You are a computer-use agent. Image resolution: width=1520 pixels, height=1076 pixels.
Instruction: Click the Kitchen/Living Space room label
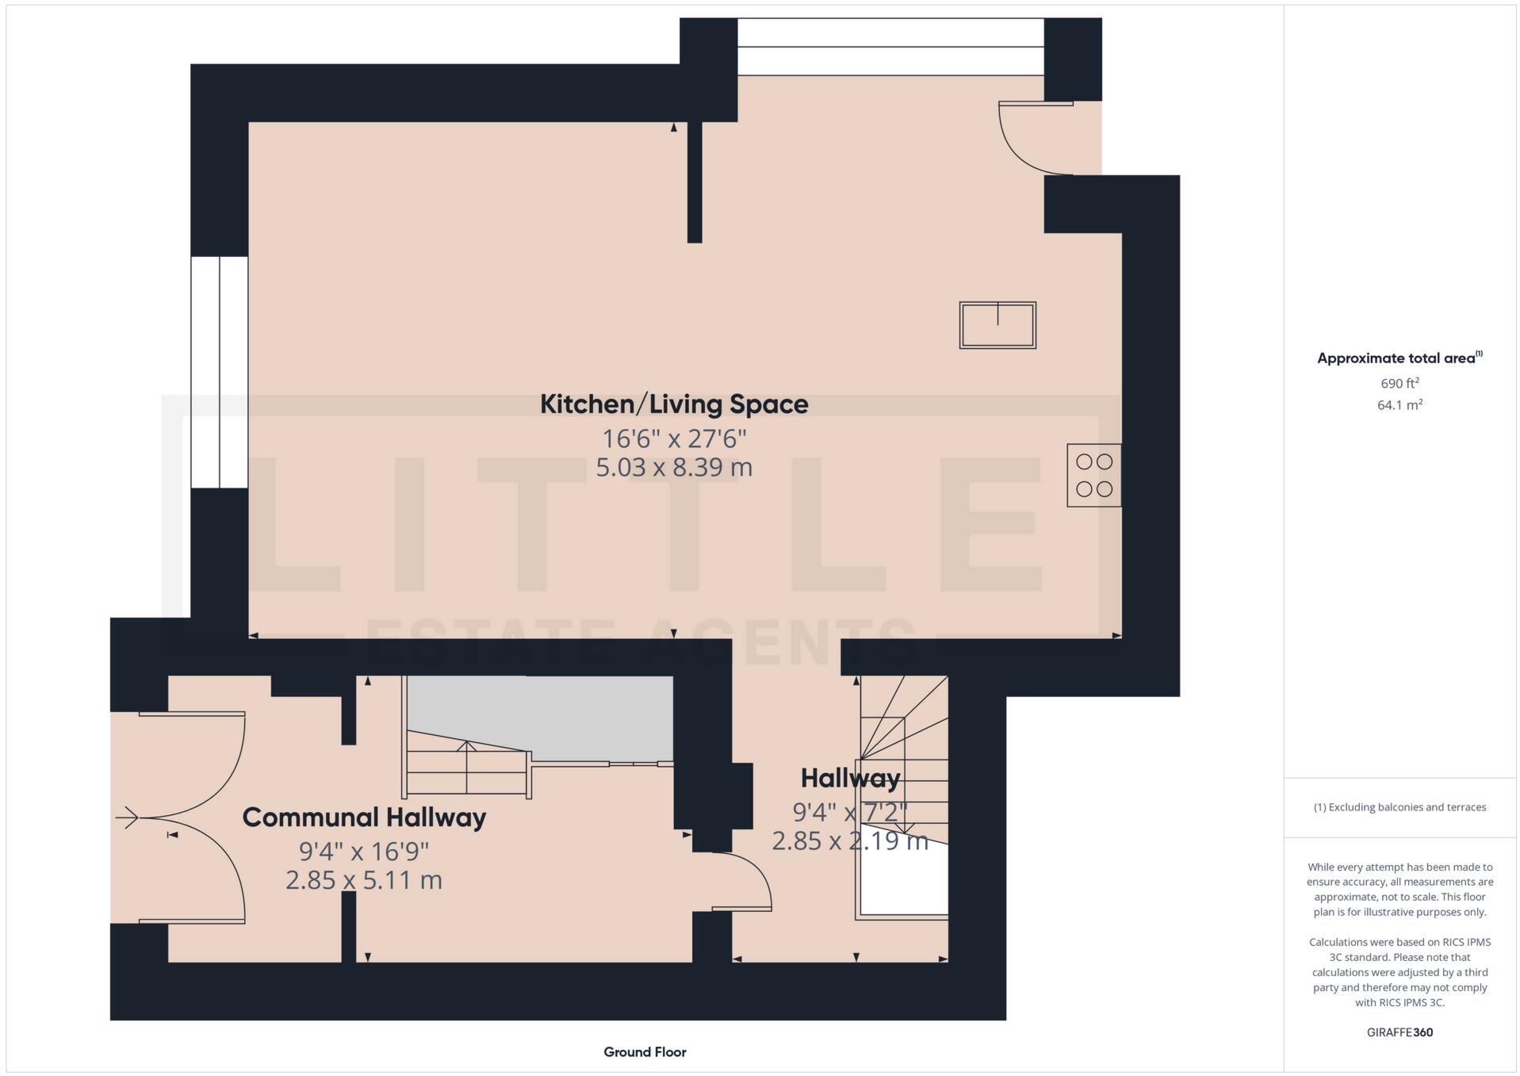coord(673,404)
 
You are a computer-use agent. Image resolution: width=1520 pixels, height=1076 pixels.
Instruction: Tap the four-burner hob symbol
coord(1093,475)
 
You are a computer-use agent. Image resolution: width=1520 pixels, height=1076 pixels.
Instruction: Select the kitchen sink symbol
coord(997,325)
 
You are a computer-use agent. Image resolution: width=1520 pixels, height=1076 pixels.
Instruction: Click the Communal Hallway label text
coord(363,818)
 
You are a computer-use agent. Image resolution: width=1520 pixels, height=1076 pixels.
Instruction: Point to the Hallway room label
coord(849,778)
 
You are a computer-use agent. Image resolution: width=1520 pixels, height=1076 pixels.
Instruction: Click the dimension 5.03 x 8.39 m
coord(673,468)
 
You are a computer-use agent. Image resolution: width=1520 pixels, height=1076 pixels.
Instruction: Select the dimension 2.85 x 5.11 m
coord(363,880)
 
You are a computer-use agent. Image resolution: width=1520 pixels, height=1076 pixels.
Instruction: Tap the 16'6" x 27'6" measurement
coord(673,438)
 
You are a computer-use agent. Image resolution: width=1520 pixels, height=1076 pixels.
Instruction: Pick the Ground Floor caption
coord(644,1052)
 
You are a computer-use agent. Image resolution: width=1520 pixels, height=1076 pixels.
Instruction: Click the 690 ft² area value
coord(1399,383)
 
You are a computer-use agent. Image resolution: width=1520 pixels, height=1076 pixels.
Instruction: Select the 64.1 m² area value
coord(1399,405)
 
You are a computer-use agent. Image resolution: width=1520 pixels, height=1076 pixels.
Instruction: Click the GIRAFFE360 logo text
coord(1399,1032)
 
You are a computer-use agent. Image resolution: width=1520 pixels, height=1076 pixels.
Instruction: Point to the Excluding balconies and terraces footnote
coord(1399,807)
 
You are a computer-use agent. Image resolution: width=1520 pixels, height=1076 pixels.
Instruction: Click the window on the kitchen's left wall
coord(219,371)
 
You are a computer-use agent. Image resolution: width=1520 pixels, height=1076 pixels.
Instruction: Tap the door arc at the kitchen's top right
coord(1031,139)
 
